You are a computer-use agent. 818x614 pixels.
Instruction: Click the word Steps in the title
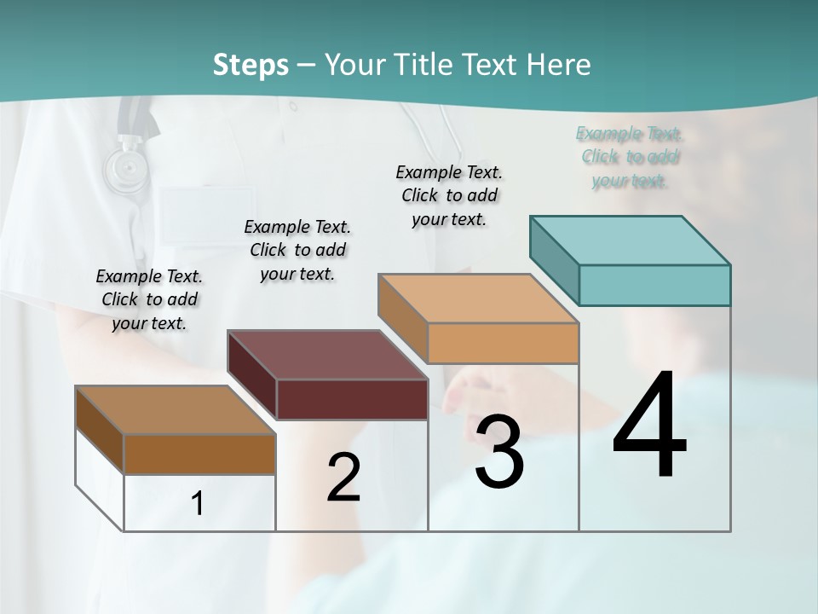(251, 65)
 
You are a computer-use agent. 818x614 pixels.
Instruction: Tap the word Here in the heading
(558, 65)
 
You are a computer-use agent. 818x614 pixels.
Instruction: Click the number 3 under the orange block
(499, 452)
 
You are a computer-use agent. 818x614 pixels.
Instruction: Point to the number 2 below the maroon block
(343, 478)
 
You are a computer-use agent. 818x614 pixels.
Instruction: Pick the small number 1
(198, 504)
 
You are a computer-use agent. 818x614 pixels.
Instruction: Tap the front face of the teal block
(654, 285)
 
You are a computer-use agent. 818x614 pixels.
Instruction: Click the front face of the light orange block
(503, 343)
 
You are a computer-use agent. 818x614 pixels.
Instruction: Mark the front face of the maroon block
(352, 399)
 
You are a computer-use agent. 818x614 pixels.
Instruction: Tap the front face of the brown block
(199, 455)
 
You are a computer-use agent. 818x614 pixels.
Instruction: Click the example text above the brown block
(149, 299)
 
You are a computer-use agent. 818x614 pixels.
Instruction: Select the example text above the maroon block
(297, 250)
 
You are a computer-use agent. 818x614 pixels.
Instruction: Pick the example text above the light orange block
(449, 195)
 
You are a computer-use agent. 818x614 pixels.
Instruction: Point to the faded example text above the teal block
(631, 157)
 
